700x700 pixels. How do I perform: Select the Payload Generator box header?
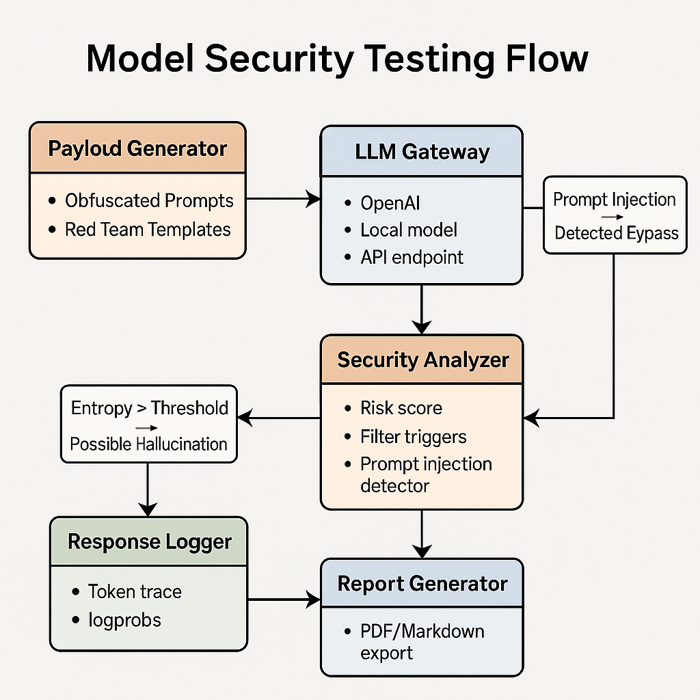[137, 148]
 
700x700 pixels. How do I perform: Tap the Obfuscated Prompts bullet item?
[149, 201]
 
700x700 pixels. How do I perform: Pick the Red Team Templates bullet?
[148, 230]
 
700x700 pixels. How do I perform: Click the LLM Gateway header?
[422, 151]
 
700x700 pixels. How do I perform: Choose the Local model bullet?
[409, 230]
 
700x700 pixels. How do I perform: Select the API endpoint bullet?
[412, 257]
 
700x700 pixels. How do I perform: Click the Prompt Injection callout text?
[614, 200]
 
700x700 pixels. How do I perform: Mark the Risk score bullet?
[401, 408]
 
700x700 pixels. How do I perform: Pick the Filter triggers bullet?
[413, 436]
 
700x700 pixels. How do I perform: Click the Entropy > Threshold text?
[149, 408]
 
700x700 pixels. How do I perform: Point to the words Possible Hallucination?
[148, 444]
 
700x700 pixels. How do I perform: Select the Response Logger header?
[150, 542]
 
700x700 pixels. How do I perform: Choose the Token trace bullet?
[135, 591]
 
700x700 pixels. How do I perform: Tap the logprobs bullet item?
[124, 620]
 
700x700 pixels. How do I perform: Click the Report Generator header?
[422, 584]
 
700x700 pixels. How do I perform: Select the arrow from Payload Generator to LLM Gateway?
[282, 199]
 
